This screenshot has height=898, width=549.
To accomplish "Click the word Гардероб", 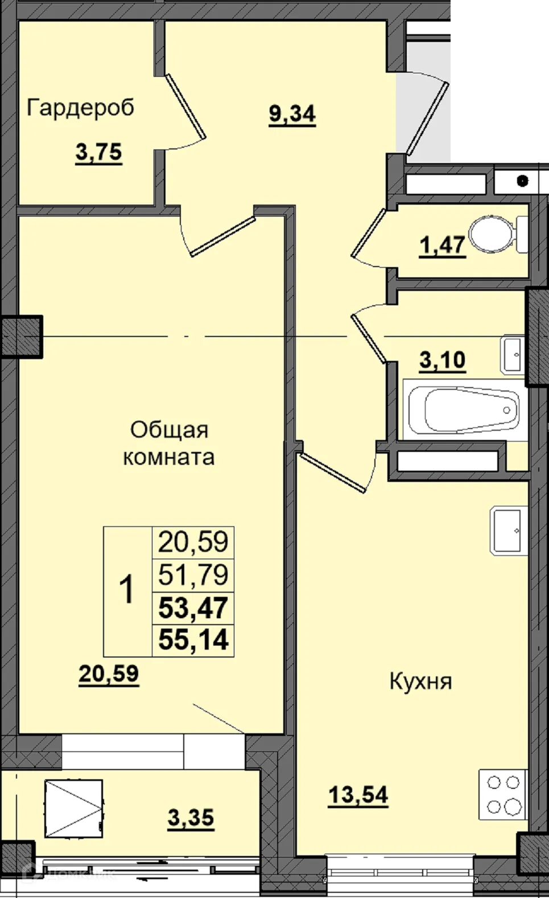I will pyautogui.click(x=80, y=107).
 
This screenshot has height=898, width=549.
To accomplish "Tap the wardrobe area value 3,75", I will pyautogui.click(x=98, y=152).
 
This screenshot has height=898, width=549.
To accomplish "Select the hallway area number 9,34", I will pyautogui.click(x=292, y=114).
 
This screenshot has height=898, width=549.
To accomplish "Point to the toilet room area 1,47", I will pyautogui.click(x=442, y=246).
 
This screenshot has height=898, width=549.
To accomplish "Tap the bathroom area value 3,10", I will pyautogui.click(x=442, y=360).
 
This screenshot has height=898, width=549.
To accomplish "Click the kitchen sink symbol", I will pyautogui.click(x=507, y=531).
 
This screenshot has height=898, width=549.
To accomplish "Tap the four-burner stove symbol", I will pyautogui.click(x=504, y=794).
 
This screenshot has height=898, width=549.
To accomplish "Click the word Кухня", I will pyautogui.click(x=420, y=681).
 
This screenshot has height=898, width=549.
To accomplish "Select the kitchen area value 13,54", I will pyautogui.click(x=358, y=795).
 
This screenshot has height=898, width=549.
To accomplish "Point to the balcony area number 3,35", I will pyautogui.click(x=191, y=818).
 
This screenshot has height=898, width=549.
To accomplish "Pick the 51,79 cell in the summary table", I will pyautogui.click(x=193, y=575).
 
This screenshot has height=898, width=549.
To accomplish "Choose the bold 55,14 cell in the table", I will pyautogui.click(x=193, y=641).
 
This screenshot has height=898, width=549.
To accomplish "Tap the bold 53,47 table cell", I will pyautogui.click(x=193, y=608).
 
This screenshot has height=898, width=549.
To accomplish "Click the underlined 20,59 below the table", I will pyautogui.click(x=108, y=674).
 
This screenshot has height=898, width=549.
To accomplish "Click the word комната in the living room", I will pyautogui.click(x=168, y=458).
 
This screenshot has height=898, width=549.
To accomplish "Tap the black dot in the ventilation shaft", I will pyautogui.click(x=522, y=181).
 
